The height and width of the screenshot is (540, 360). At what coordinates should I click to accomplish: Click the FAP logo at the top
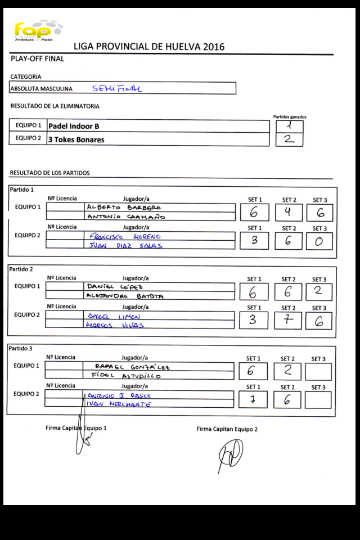(x=37, y=31)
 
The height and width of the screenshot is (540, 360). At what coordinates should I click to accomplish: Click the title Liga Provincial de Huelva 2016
(x=149, y=47)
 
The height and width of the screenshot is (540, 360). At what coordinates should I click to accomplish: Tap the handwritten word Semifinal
(x=117, y=88)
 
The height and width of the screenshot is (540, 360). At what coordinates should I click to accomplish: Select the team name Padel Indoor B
(x=74, y=127)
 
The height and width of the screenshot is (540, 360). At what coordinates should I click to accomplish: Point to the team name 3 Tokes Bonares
(x=76, y=139)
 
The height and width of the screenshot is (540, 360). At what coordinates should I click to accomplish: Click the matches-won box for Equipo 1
(x=289, y=127)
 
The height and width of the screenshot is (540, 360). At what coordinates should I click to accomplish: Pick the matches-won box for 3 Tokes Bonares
(x=289, y=139)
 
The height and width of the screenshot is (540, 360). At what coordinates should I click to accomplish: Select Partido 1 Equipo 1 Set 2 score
(x=288, y=212)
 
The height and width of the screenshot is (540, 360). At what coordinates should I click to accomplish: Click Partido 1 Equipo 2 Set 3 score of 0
(x=319, y=241)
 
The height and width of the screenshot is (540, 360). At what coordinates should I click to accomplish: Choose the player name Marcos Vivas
(x=114, y=325)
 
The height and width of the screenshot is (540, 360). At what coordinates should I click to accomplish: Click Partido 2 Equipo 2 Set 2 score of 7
(x=287, y=320)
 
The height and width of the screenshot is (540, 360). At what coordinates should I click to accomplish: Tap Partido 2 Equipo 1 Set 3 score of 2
(x=318, y=291)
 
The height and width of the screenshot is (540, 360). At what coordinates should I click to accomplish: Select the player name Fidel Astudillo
(x=125, y=375)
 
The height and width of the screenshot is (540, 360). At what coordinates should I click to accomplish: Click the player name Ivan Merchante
(x=119, y=404)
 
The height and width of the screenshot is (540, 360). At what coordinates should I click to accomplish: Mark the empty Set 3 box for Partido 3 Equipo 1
(x=318, y=371)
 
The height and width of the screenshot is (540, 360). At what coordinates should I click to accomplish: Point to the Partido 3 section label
(x=20, y=349)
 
